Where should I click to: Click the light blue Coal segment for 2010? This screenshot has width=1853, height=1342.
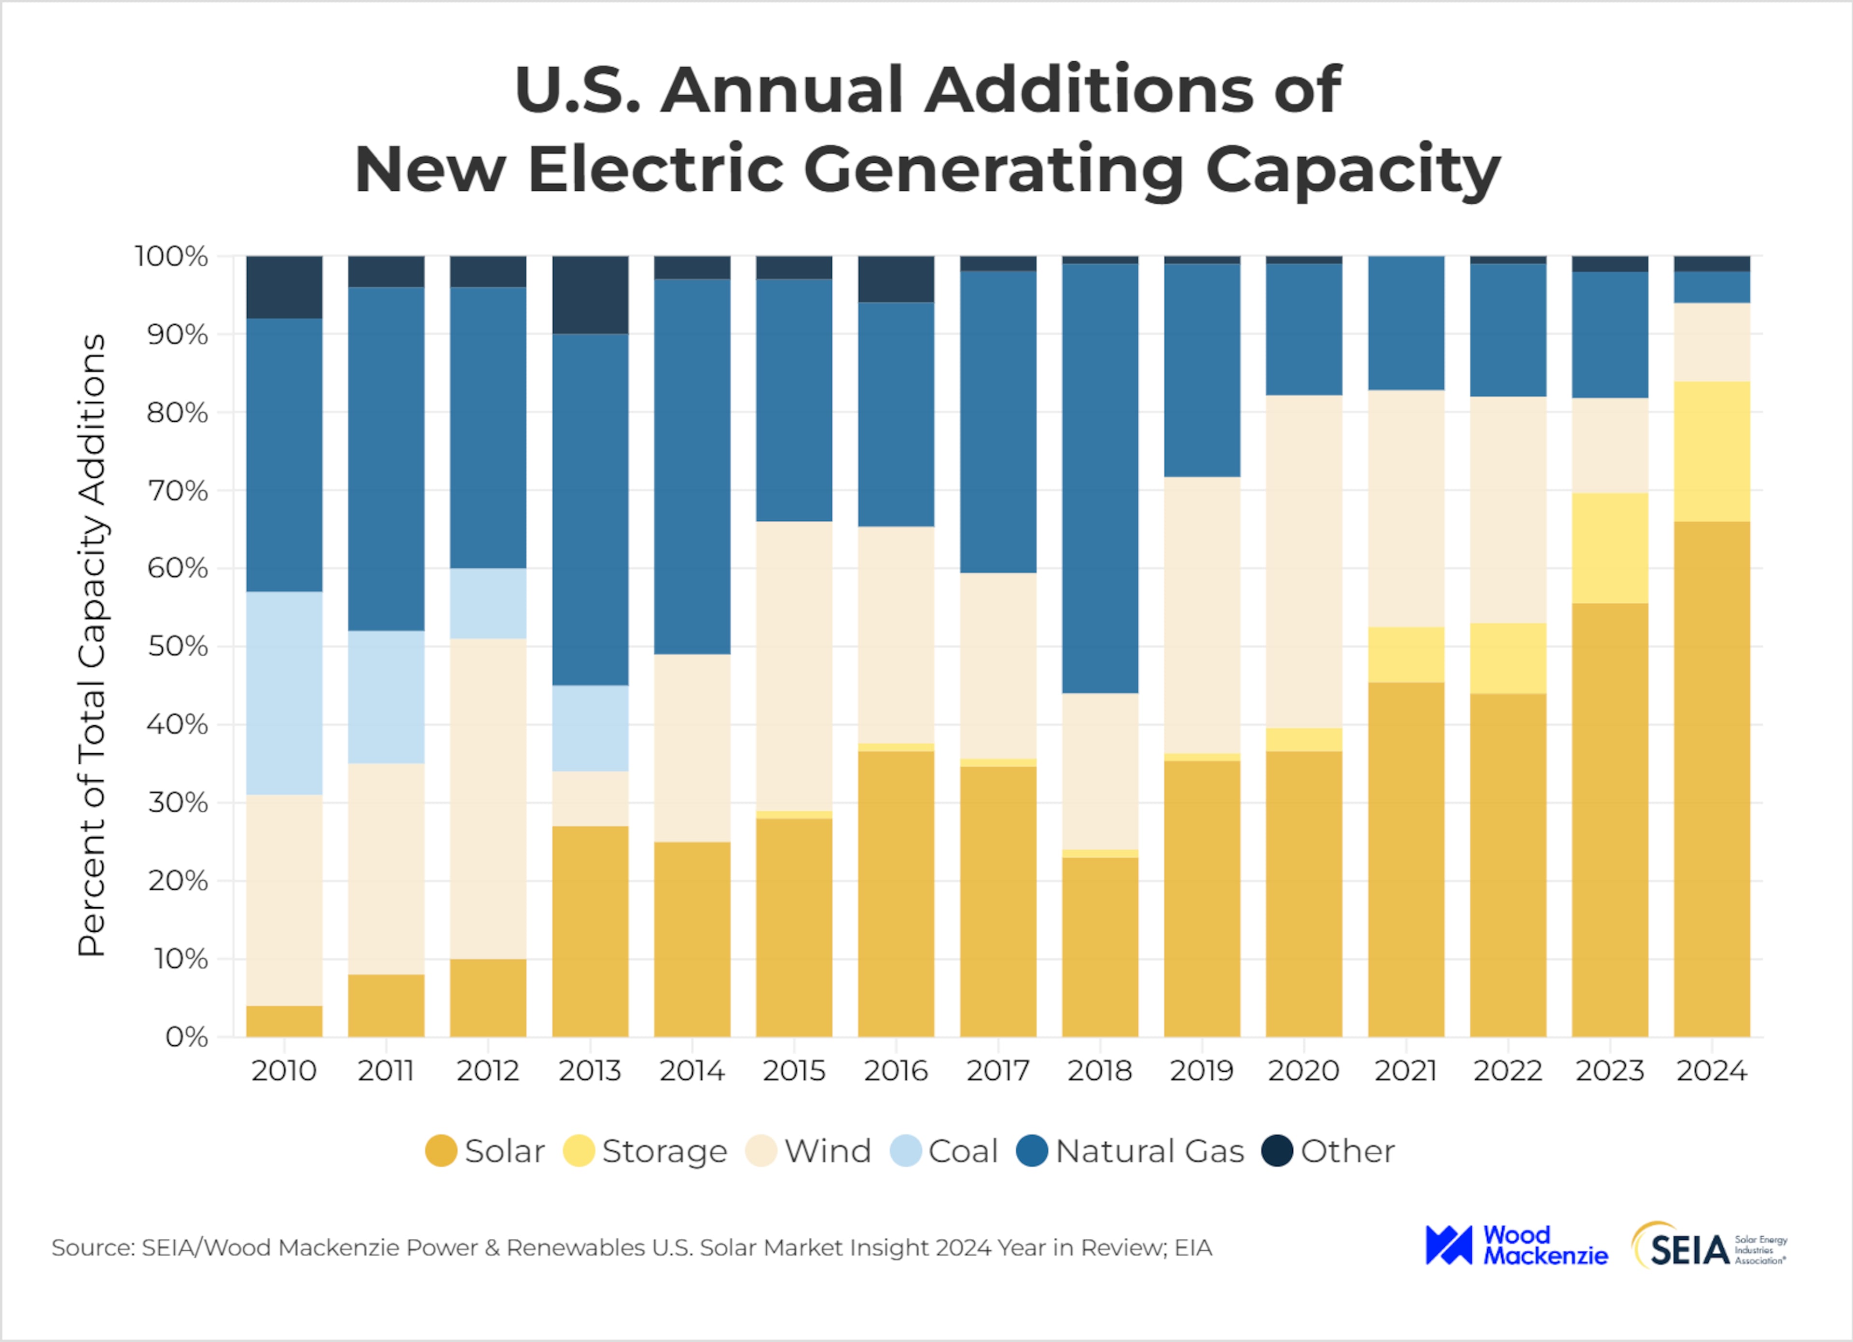point(284,692)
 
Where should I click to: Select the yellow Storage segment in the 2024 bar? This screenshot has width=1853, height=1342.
point(1712,451)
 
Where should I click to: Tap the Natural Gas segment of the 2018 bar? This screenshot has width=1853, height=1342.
point(1100,478)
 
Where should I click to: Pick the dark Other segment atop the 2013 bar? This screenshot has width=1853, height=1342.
point(590,294)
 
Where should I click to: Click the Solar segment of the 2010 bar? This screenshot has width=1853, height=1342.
point(284,1021)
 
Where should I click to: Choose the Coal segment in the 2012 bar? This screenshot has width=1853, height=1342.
point(488,603)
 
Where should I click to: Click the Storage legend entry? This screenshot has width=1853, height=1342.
point(646,1151)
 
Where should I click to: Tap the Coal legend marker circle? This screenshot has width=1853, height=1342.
point(905,1151)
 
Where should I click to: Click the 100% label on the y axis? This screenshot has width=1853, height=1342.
point(172,256)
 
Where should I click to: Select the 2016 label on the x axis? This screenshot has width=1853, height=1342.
point(896,1070)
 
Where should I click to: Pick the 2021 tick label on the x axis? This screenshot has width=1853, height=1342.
point(1405,1070)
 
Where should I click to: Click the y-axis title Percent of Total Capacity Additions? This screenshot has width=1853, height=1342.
point(92,645)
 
